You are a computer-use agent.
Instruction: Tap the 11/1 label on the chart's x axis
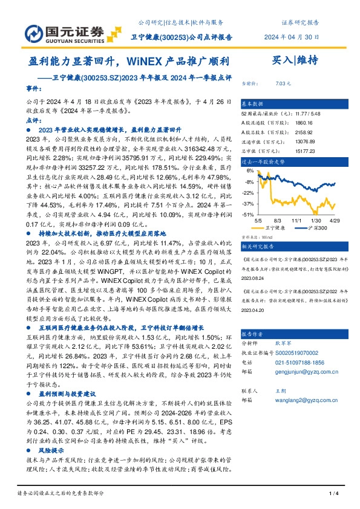[296, 221]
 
